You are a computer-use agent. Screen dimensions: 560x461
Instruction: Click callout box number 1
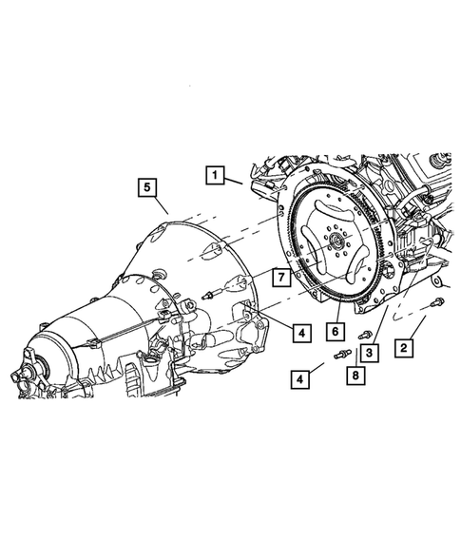pos(217,175)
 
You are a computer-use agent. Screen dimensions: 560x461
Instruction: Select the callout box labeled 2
pos(404,350)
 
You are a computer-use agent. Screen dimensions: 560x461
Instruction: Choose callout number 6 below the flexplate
pos(335,331)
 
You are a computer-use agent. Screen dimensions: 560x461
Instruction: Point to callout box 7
pos(281,278)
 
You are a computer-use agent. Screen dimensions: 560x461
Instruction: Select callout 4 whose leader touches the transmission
pos(299,333)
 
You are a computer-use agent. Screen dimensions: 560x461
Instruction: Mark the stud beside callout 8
pos(341,356)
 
